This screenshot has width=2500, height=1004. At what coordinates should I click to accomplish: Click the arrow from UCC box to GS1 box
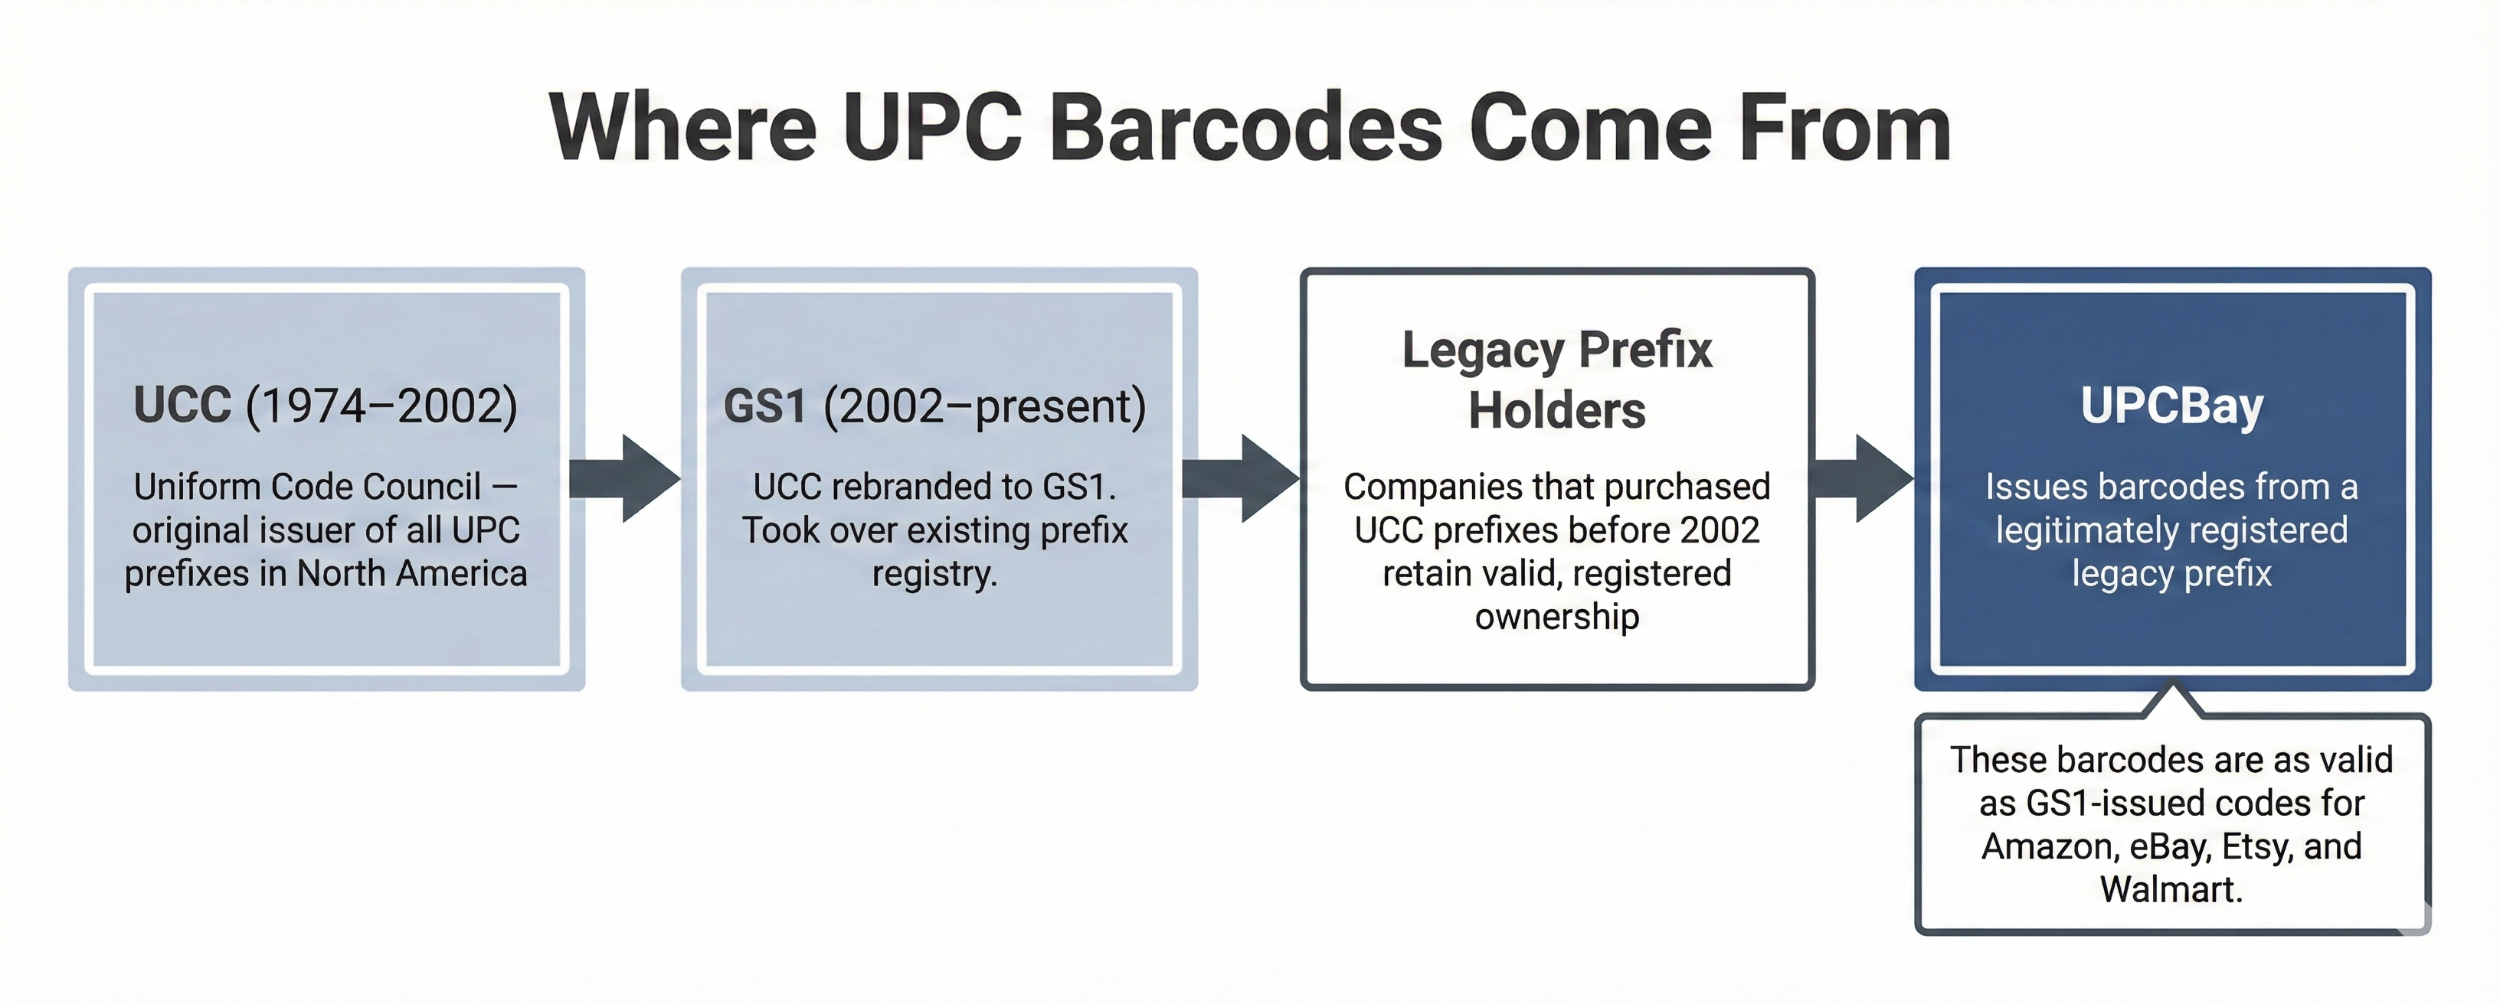click(x=626, y=478)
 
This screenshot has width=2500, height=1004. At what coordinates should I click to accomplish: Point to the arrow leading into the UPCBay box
click(x=1861, y=478)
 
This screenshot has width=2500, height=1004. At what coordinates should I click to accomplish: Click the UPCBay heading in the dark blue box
click(x=2171, y=406)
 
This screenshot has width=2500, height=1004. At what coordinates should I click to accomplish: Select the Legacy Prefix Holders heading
click(x=1556, y=380)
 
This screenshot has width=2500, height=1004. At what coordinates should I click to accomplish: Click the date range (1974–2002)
click(x=381, y=406)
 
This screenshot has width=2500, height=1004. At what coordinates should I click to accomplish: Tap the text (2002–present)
click(x=984, y=406)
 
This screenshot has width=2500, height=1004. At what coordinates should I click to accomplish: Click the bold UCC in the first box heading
click(x=182, y=406)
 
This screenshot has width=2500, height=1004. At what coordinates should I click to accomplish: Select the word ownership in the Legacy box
click(x=1556, y=617)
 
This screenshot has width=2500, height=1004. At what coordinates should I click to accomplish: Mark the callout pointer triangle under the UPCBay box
click(x=2174, y=700)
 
